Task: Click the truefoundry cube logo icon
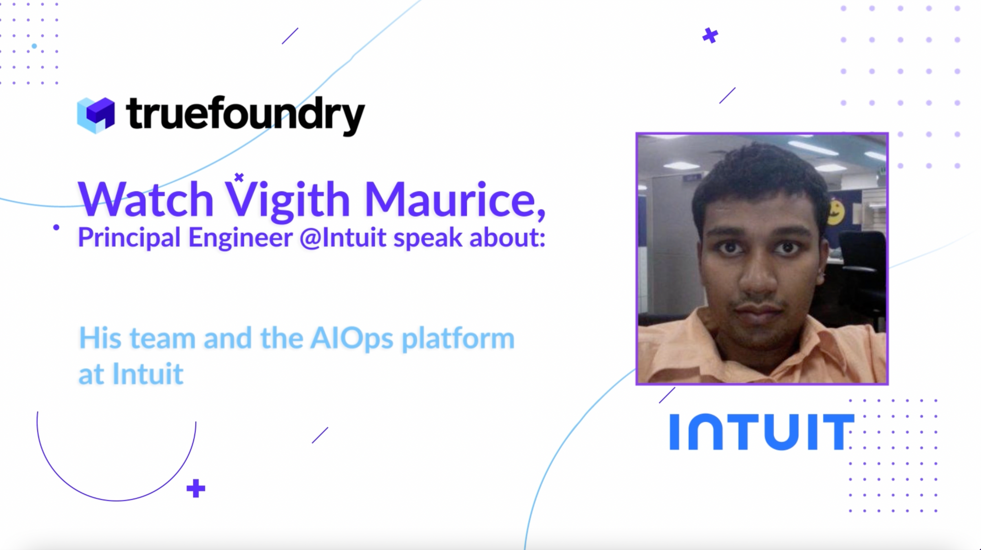click(96, 115)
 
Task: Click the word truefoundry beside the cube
click(246, 115)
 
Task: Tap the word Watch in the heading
click(146, 199)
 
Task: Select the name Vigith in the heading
click(288, 199)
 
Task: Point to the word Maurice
click(455, 199)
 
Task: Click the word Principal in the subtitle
click(129, 238)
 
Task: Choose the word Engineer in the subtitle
click(240, 238)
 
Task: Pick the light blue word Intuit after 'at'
click(148, 374)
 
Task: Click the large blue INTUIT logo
click(762, 432)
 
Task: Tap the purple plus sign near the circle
click(196, 488)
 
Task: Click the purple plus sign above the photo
click(710, 35)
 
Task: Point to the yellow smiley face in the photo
click(835, 211)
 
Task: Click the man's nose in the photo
click(758, 275)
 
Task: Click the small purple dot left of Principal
click(56, 227)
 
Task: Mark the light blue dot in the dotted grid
click(34, 46)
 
